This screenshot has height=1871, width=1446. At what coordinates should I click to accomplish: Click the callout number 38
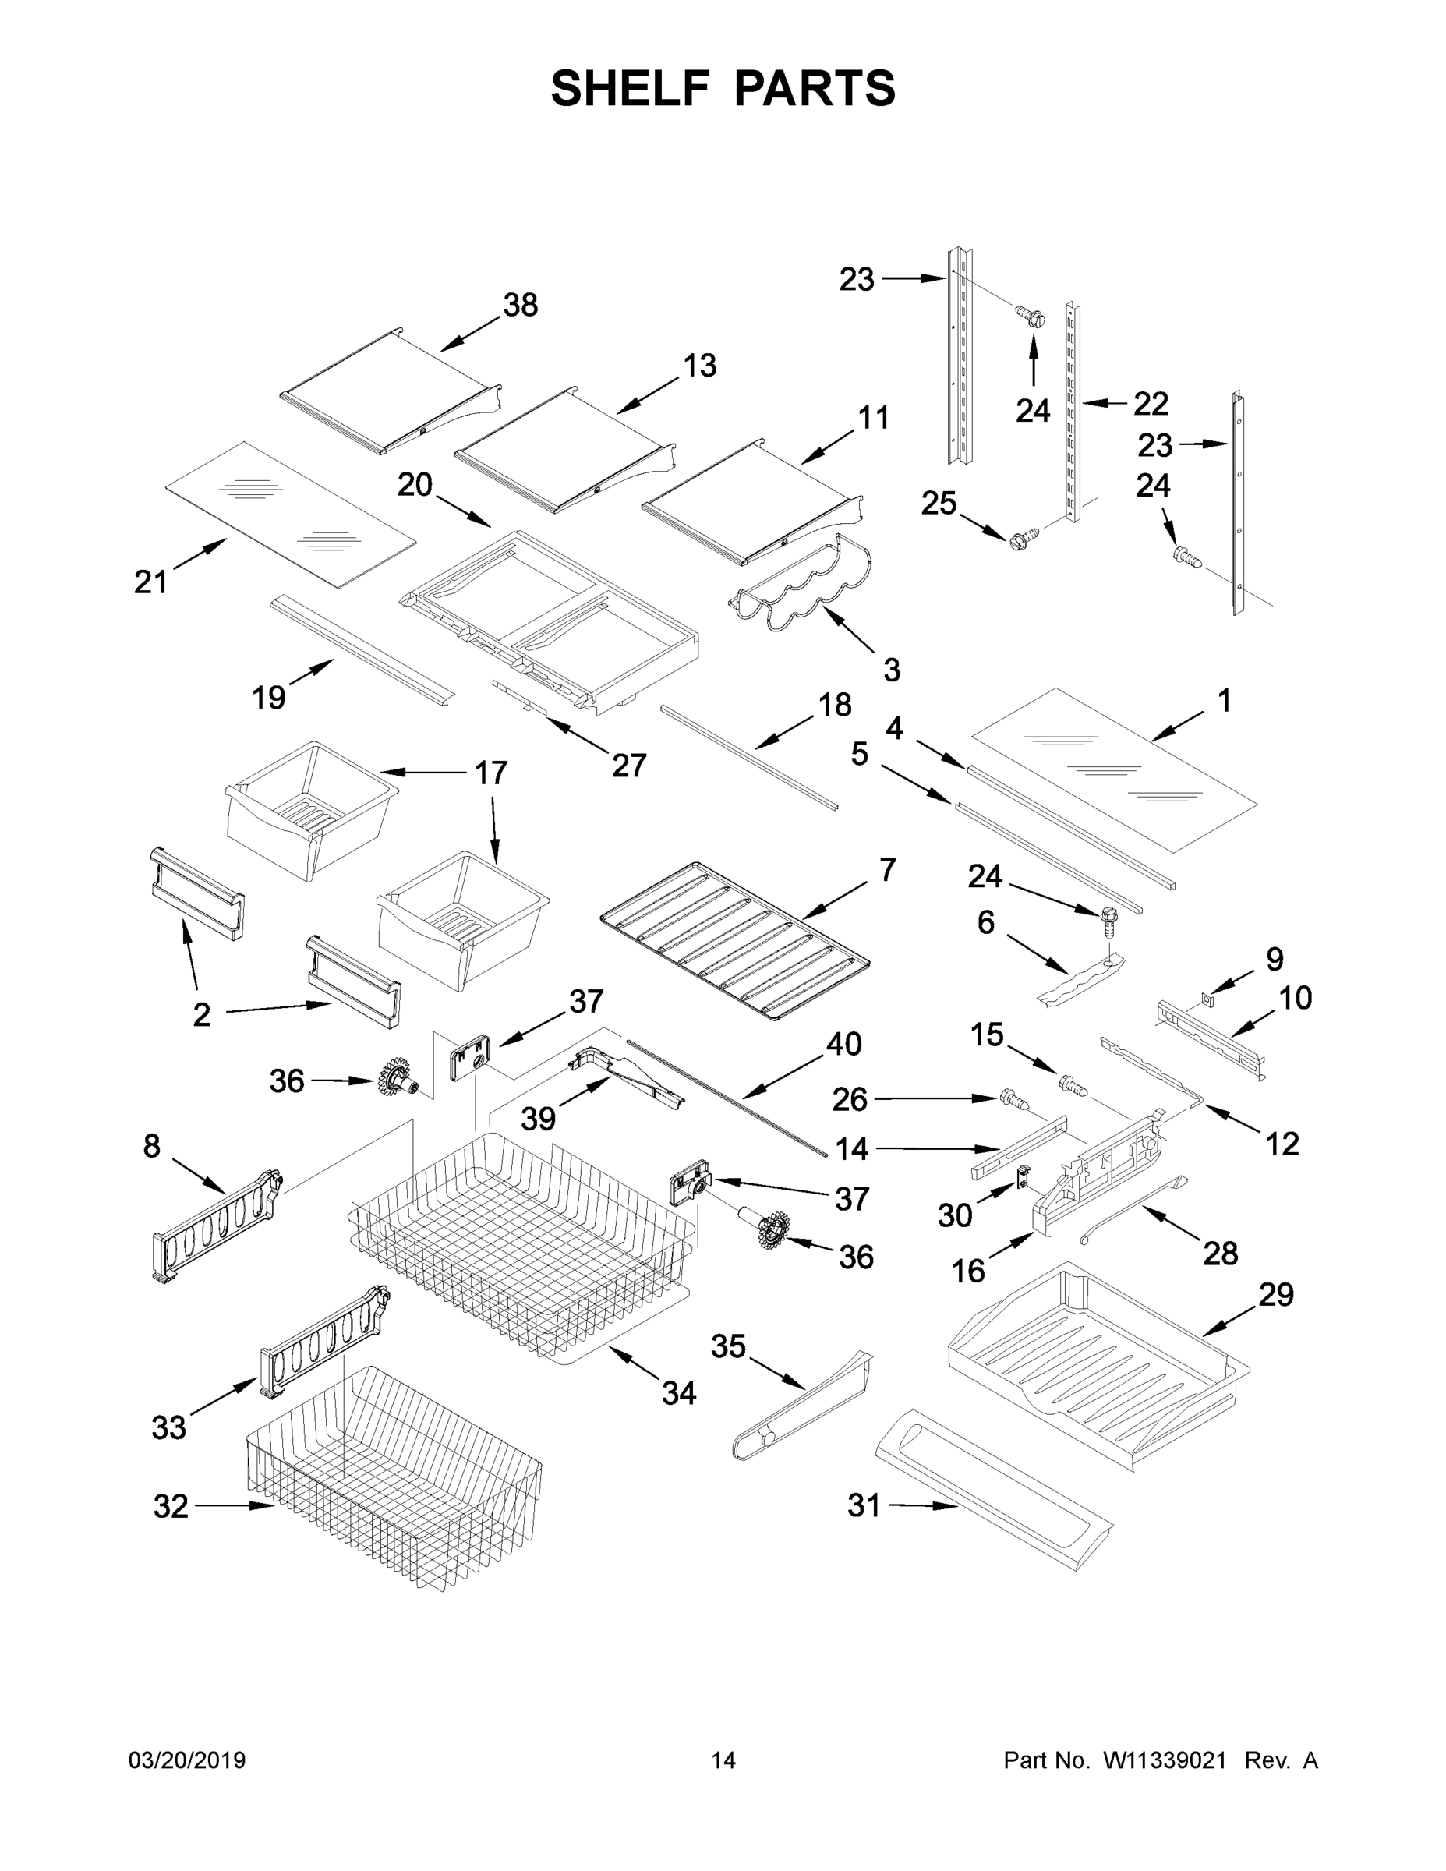[x=520, y=305]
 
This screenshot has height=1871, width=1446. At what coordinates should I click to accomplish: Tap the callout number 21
[x=150, y=582]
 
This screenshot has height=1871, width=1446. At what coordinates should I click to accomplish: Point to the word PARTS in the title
[x=814, y=89]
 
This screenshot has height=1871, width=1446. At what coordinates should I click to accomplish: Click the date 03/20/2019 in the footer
[x=187, y=1760]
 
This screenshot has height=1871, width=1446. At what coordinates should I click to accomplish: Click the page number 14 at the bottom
[x=723, y=1760]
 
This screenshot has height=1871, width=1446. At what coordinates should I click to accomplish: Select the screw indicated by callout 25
[x=1023, y=539]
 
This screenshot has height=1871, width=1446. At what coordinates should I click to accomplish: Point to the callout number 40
[x=843, y=1045]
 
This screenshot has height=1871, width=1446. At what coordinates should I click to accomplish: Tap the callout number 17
[x=491, y=773]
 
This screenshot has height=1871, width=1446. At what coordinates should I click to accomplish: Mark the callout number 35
[x=728, y=1346]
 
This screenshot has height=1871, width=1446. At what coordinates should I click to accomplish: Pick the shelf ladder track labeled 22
[x=1072, y=411]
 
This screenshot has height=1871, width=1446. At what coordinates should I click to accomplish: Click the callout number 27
[x=628, y=765]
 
